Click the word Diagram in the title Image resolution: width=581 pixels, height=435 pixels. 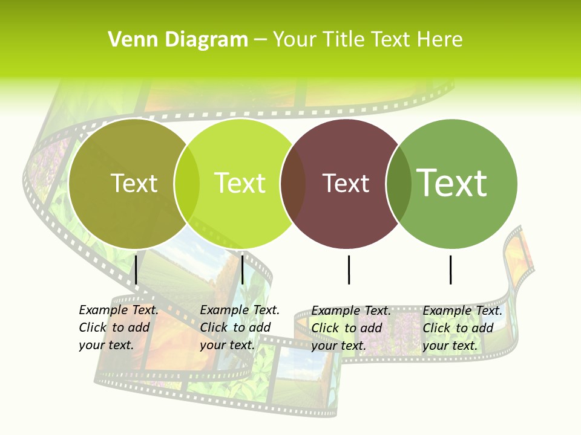(206, 40)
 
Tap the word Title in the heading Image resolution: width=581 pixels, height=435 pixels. (344, 39)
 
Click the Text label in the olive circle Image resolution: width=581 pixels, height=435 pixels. (134, 183)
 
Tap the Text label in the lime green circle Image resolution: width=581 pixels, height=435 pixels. (240, 183)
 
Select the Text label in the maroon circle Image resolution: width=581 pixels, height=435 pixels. (346, 183)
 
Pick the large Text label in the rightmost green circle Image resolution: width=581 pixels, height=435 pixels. (452, 182)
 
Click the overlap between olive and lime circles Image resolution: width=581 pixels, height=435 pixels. (187, 183)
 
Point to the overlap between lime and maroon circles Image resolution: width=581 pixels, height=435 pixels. (294, 183)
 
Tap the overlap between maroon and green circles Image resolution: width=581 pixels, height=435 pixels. (398, 183)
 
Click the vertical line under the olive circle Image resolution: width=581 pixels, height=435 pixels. (136, 269)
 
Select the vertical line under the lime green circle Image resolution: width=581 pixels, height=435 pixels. (242, 269)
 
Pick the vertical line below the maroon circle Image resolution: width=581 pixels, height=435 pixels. (349, 269)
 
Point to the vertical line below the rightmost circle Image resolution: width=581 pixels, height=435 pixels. (451, 269)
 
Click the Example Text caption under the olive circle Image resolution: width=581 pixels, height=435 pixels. (118, 327)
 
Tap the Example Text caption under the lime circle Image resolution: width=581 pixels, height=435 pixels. (239, 327)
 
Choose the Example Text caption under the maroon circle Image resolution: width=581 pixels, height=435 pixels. (350, 328)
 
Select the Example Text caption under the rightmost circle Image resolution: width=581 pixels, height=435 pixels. (462, 328)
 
